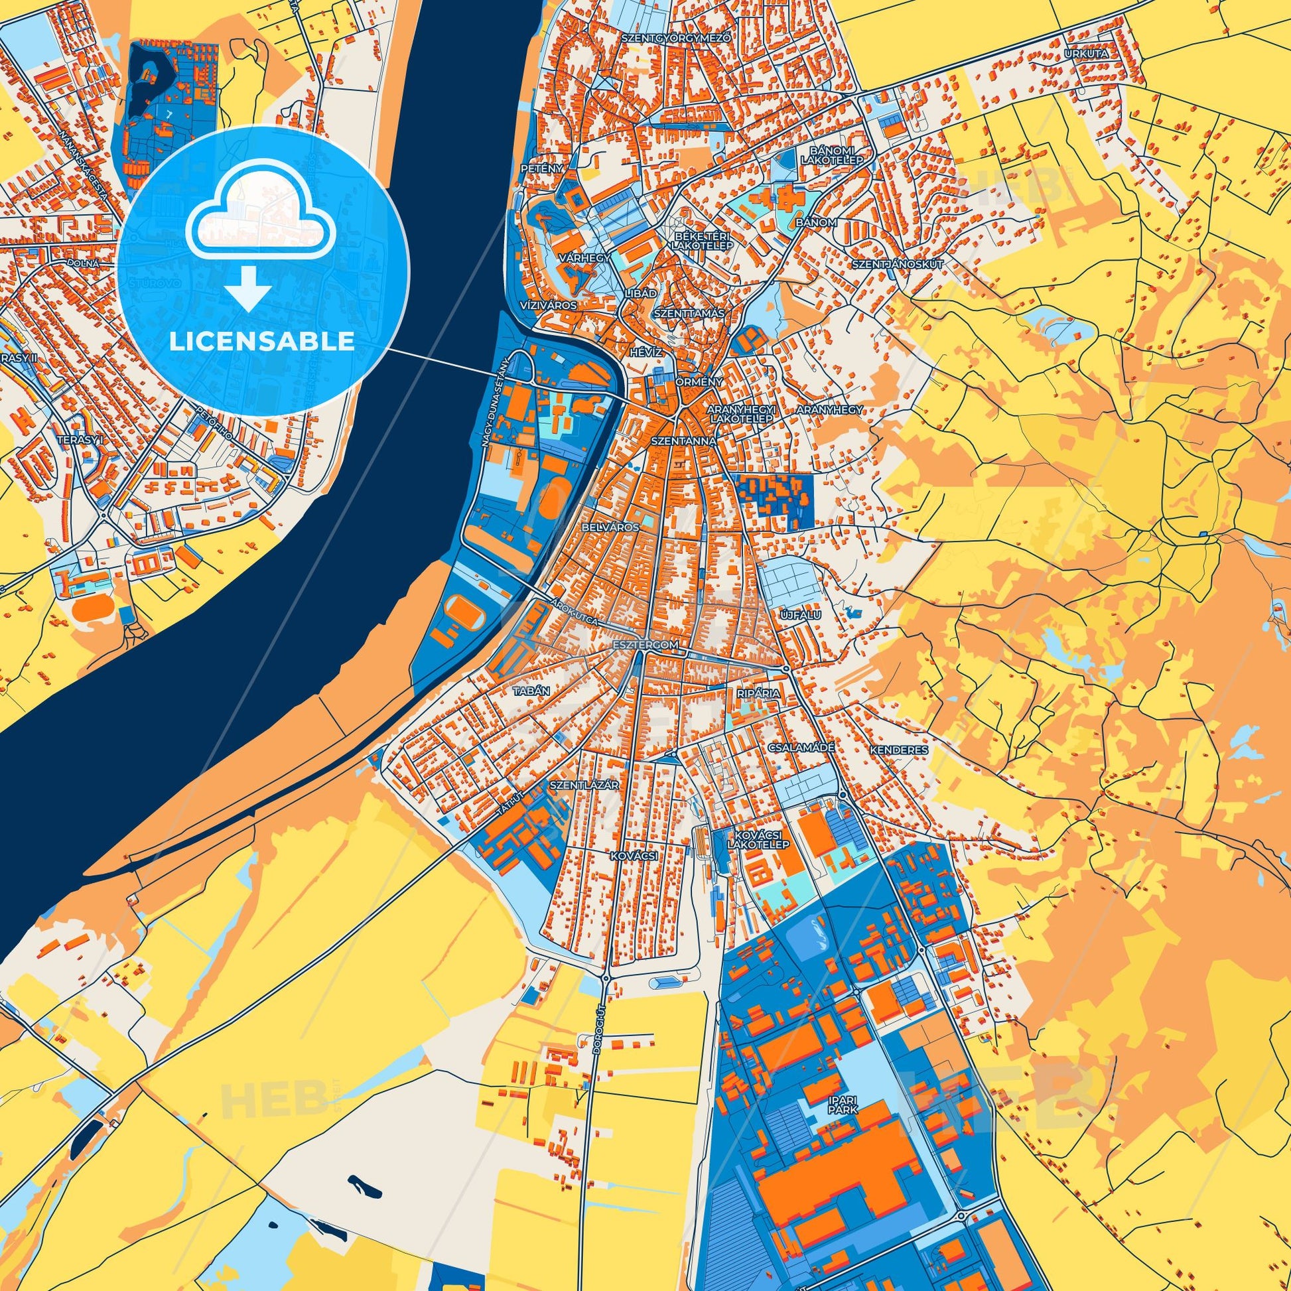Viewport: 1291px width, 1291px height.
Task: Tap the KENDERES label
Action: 899,750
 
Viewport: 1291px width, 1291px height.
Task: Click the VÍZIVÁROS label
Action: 548,305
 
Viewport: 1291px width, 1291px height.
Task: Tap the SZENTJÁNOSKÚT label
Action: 898,264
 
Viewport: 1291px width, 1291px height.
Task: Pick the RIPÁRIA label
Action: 758,694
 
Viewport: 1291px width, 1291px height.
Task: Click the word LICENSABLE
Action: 262,342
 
